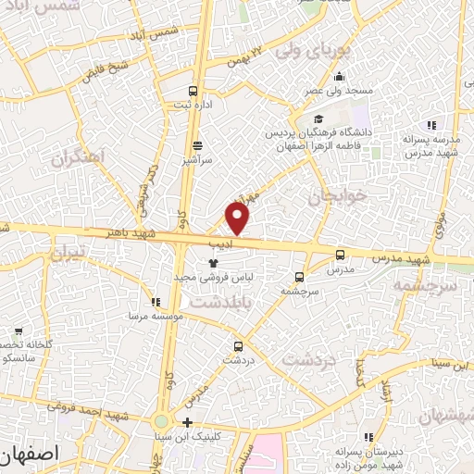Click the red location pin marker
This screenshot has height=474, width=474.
click(x=238, y=218)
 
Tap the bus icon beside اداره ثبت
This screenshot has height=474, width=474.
click(x=193, y=91)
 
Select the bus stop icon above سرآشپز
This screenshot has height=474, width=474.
click(x=197, y=145)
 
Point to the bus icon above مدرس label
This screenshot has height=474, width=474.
click(x=340, y=255)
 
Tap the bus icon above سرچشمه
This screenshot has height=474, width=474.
click(x=298, y=276)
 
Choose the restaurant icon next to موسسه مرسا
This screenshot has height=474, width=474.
click(x=156, y=301)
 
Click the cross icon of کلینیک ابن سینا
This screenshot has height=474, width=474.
click(x=187, y=422)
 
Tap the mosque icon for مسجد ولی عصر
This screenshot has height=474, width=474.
click(x=340, y=77)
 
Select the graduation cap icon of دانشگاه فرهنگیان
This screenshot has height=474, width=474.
click(x=318, y=119)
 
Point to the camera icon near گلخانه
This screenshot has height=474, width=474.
click(x=19, y=331)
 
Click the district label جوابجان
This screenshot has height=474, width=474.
click(x=331, y=196)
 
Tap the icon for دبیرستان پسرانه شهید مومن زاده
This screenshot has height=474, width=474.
click(x=368, y=436)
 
